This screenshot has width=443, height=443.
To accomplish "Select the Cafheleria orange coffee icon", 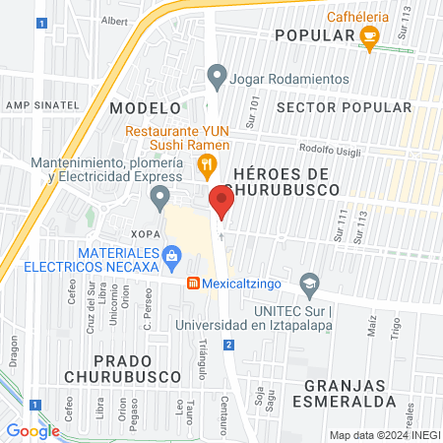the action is pyautogui.click(x=370, y=40).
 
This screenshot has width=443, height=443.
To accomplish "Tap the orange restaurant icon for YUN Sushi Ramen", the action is pyautogui.click(x=206, y=164).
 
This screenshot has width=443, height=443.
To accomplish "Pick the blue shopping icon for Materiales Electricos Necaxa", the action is pyautogui.click(x=172, y=257).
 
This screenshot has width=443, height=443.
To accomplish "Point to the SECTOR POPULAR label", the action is pyautogui.click(x=344, y=106).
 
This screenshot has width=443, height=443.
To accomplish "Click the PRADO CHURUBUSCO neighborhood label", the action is pyautogui.click(x=110, y=366).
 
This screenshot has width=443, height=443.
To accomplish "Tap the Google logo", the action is pyautogui.click(x=32, y=430).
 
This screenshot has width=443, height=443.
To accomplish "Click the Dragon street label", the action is pyautogui.click(x=14, y=351).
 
